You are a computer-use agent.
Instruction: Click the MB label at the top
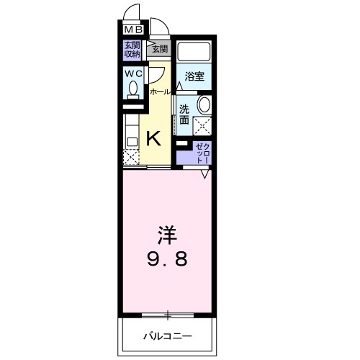(x=133, y=30)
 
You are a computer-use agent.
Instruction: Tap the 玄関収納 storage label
(x=132, y=49)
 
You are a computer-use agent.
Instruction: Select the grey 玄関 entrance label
(x=158, y=49)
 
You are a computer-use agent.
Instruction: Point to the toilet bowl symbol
(x=133, y=89)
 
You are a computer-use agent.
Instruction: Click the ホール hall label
(x=160, y=91)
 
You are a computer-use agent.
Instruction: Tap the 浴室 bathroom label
(x=194, y=76)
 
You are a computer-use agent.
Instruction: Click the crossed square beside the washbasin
(x=203, y=127)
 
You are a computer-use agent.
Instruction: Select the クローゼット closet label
(x=199, y=152)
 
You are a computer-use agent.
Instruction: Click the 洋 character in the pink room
(x=168, y=235)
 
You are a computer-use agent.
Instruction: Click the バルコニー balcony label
(x=166, y=336)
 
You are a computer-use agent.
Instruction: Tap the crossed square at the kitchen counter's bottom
(x=131, y=157)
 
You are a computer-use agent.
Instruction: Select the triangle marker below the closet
(x=205, y=174)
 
